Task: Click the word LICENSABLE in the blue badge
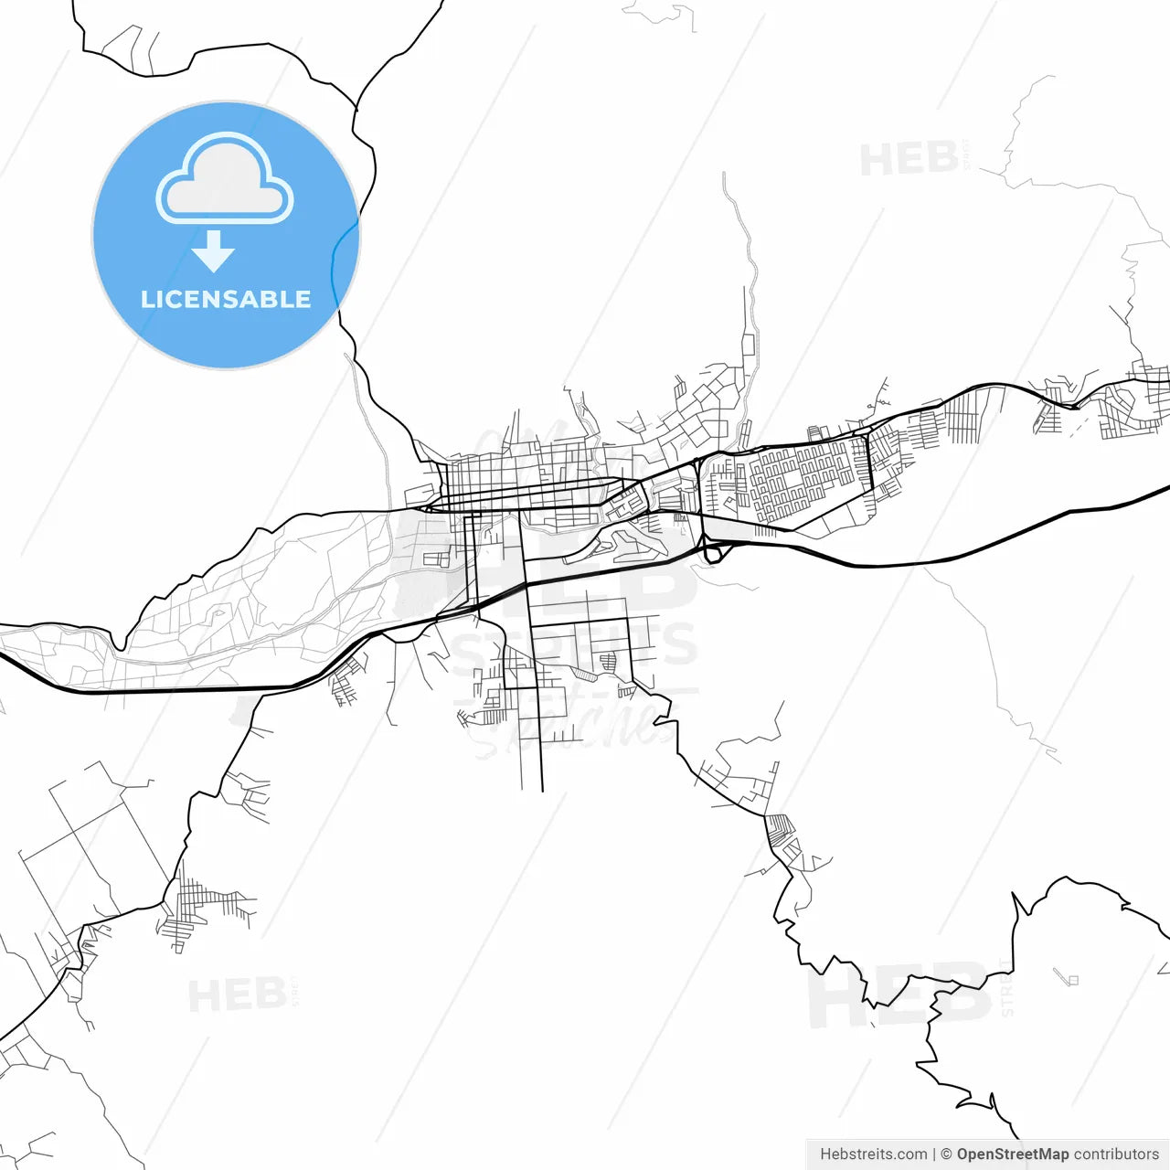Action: (x=225, y=299)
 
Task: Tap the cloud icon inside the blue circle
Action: (x=225, y=180)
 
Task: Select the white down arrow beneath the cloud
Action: (x=214, y=251)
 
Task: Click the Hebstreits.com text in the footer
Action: (x=873, y=1154)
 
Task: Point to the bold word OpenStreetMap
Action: (x=1012, y=1154)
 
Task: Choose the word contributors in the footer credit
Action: (x=1116, y=1154)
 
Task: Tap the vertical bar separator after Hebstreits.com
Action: (x=933, y=1154)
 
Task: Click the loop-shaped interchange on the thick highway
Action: (x=713, y=552)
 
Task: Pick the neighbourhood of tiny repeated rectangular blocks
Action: (x=804, y=475)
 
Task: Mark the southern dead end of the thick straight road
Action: (x=542, y=790)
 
